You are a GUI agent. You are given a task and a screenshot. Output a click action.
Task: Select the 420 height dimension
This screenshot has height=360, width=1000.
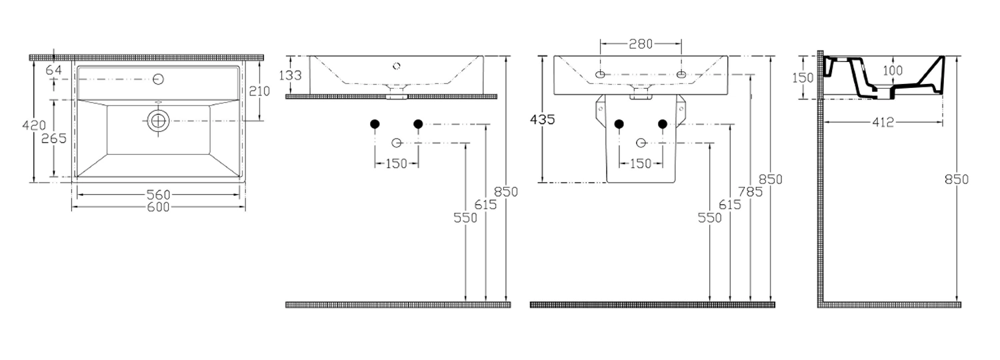(x=34, y=125)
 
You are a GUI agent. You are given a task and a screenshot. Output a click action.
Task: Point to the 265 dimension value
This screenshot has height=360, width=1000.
(x=53, y=139)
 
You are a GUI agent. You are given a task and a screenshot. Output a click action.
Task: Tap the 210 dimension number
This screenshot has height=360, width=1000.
(x=259, y=91)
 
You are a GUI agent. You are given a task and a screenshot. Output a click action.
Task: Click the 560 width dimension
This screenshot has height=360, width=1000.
(x=159, y=195)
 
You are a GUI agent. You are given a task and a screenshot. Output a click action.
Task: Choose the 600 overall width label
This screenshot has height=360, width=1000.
(x=159, y=207)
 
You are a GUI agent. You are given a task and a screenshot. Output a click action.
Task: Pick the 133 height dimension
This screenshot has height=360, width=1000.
(x=290, y=75)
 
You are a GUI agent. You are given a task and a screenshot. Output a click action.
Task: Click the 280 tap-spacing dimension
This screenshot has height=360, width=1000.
(x=641, y=44)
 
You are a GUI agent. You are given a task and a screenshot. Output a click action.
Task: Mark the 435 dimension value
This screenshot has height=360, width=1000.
(x=543, y=120)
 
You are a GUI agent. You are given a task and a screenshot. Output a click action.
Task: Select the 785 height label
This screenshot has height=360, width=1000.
(x=750, y=192)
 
